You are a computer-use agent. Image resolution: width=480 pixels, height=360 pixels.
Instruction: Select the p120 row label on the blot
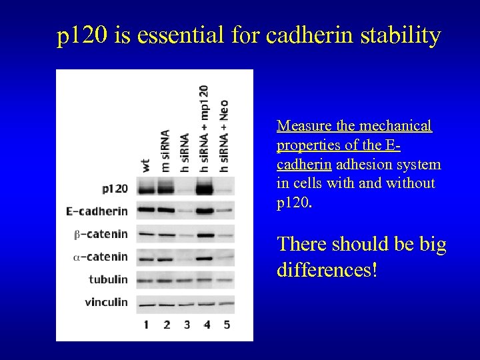tap(115, 189)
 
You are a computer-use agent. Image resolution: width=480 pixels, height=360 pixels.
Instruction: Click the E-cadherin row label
tap(97, 212)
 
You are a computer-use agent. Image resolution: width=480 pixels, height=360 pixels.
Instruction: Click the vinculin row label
tap(106, 302)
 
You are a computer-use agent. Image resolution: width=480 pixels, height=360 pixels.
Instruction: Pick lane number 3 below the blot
tap(186, 325)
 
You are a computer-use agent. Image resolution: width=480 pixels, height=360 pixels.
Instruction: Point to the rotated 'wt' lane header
tap(145, 165)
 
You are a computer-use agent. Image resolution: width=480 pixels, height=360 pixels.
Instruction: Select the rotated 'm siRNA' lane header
tap(165, 151)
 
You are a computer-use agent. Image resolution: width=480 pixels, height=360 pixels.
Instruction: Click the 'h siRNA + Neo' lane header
tap(224, 137)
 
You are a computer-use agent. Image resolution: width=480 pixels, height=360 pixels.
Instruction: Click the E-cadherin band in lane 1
tap(145, 211)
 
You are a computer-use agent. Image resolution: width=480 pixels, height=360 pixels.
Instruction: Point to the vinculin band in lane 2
tap(165, 303)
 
